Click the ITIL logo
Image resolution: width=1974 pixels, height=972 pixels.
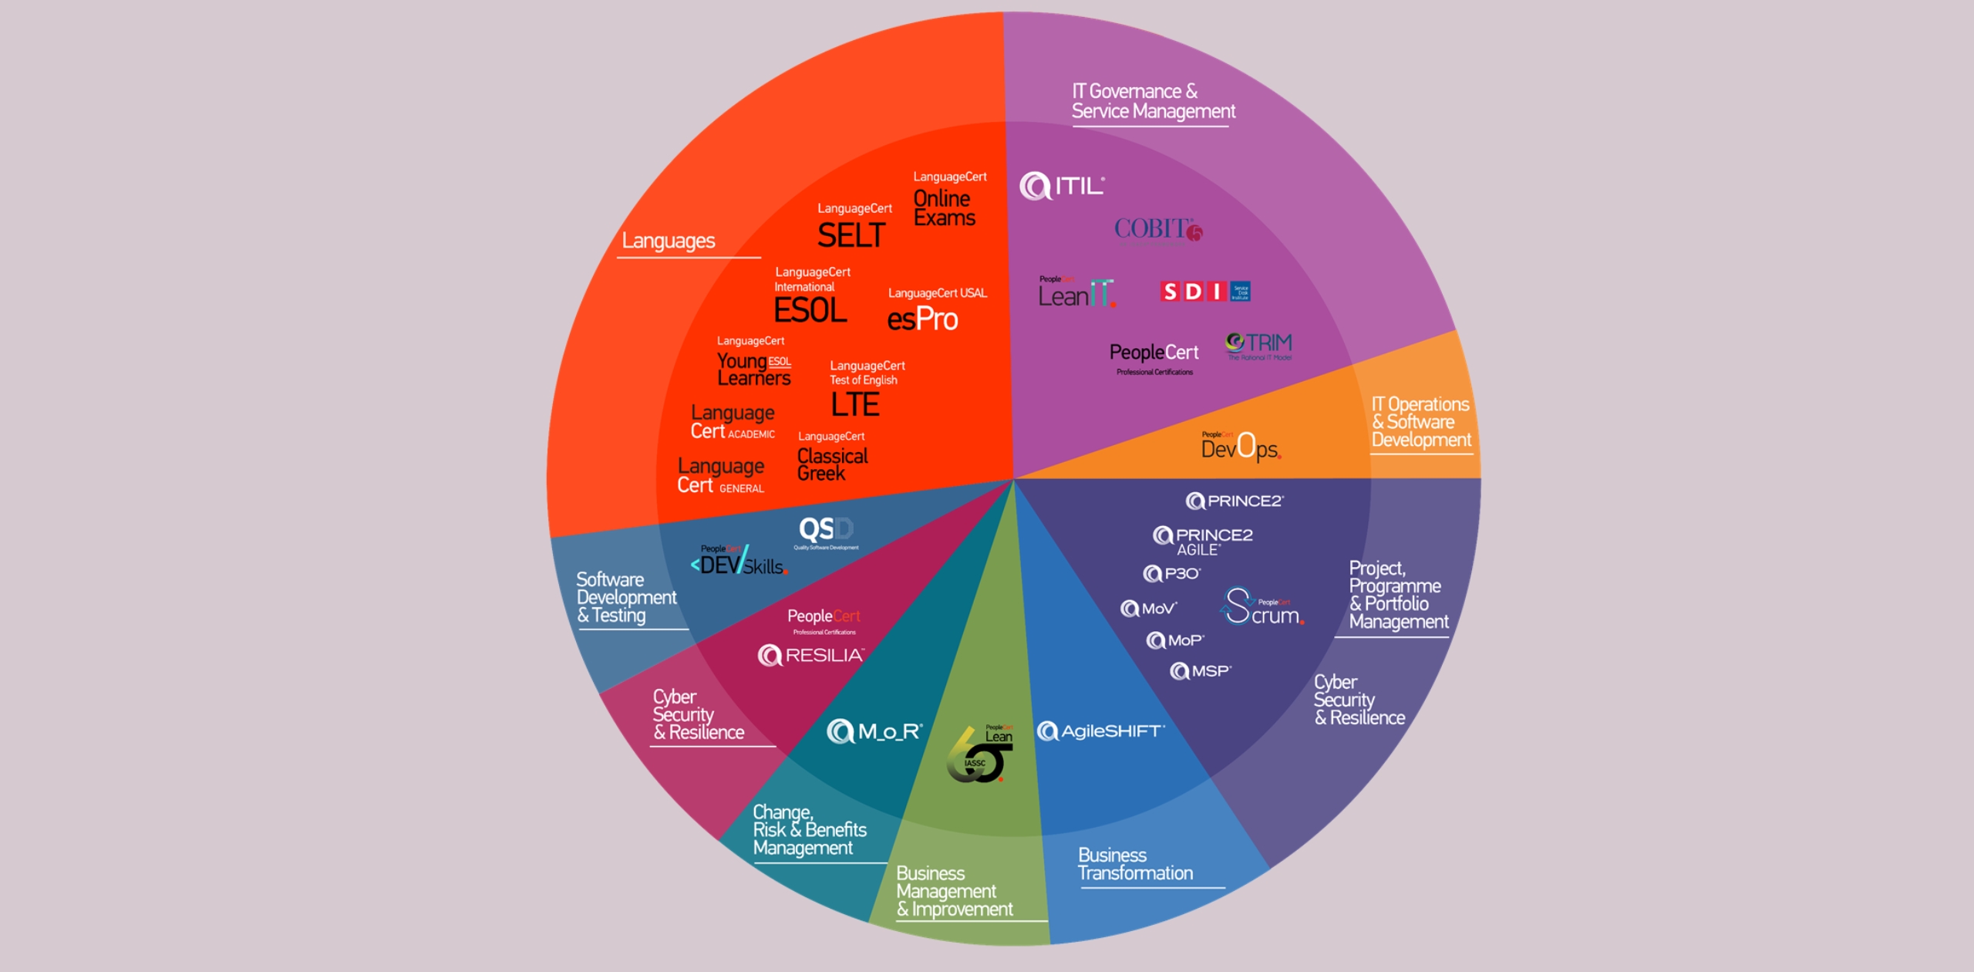pos(1062,186)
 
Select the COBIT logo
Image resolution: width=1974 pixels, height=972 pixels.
pos(1157,229)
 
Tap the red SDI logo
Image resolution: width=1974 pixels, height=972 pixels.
pos(1204,292)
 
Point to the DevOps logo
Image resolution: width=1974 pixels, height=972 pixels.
pos(1240,447)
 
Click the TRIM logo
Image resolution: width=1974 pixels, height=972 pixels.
pos(1258,345)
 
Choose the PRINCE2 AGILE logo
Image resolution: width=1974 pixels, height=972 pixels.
pos(1202,541)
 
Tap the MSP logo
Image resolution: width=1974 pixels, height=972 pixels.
pos(1201,671)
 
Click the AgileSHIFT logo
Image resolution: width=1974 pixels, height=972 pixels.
pos(1100,731)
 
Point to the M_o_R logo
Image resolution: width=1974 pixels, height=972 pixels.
pos(874,731)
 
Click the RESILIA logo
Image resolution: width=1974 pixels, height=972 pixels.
pos(810,656)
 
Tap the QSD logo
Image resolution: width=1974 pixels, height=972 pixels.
pos(826,531)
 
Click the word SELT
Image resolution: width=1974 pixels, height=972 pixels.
pos(851,235)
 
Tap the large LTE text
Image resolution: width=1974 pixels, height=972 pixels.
pos(855,404)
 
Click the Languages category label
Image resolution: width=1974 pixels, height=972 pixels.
pos(669,241)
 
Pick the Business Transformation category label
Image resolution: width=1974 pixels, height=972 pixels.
pos(1135,865)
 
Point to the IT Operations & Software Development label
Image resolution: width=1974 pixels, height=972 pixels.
pos(1420,422)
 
